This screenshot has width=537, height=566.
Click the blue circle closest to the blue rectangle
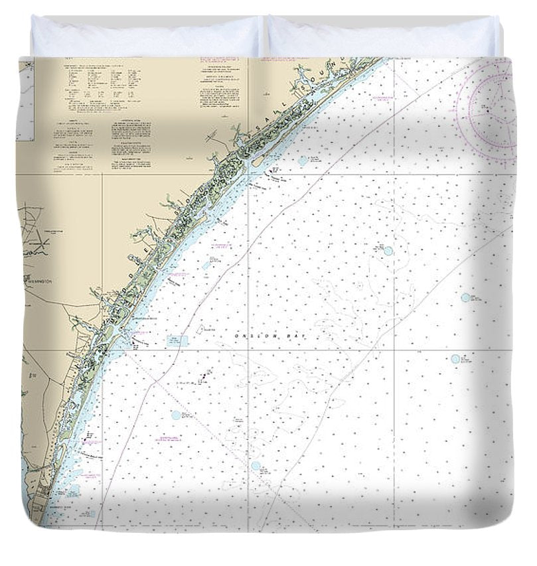(x=176, y=415)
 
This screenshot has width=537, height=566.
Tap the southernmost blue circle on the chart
(x=256, y=466)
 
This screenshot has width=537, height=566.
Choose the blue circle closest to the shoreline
(x=303, y=160)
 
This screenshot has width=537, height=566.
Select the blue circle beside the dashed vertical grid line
(x=388, y=251)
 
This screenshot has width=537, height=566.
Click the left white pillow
(x=146, y=36)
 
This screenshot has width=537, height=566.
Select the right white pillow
(x=382, y=36)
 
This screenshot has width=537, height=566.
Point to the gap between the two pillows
(x=264, y=36)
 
